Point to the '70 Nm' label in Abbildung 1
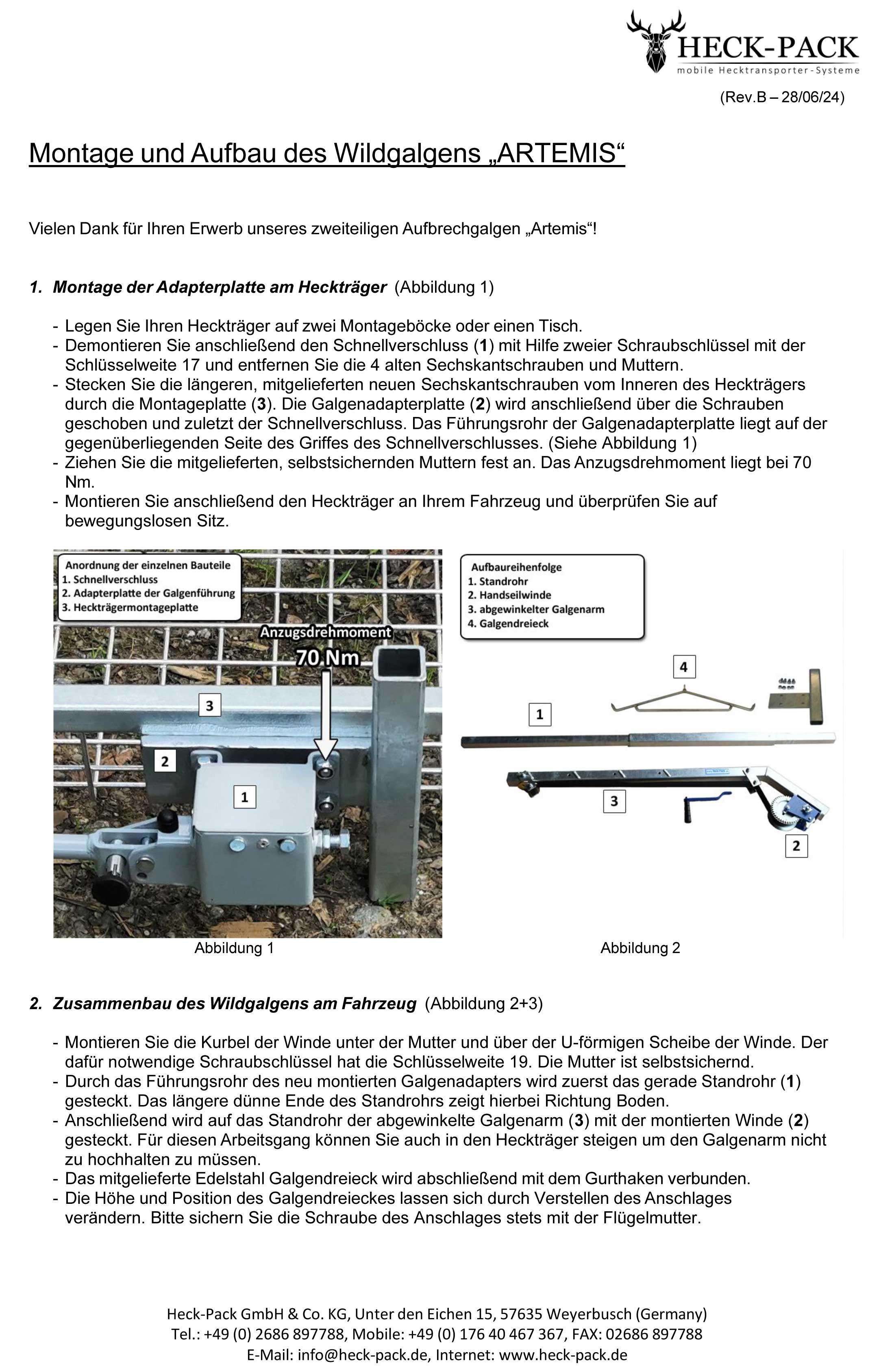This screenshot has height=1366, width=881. click(x=327, y=658)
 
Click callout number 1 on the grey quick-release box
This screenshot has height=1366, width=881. click(x=244, y=797)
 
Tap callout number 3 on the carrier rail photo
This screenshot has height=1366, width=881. click(x=209, y=705)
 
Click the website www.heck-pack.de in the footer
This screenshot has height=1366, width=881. click(x=563, y=1355)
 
